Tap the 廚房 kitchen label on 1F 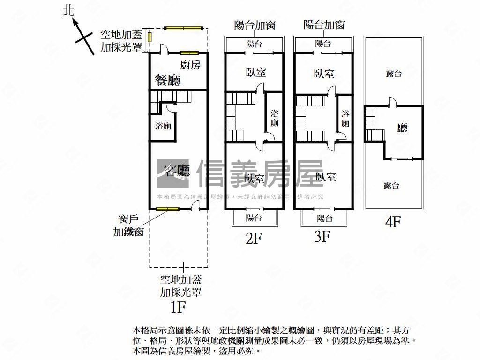190,65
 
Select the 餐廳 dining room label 168,80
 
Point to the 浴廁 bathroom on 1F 163,126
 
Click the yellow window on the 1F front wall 167,209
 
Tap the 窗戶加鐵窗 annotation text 128,225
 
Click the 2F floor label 253,239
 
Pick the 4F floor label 393,221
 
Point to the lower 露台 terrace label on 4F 392,186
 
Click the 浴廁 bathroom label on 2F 275,118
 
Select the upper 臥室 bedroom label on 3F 324,74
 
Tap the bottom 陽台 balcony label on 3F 325,218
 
